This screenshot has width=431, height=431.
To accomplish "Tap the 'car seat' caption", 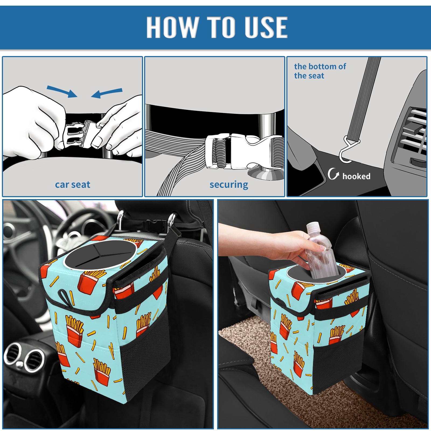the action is point(72,185).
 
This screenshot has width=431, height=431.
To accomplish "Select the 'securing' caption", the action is point(229,185).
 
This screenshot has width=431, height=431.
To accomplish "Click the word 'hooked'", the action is point(356,176).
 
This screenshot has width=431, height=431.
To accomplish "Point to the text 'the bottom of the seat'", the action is point(320,71).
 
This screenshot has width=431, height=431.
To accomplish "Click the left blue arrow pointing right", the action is point(62,91).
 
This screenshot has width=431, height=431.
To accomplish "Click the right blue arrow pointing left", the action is point(107,93).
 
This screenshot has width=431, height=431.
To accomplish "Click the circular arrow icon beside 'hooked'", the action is point(333,174).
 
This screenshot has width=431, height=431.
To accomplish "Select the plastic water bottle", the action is point(321,251).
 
